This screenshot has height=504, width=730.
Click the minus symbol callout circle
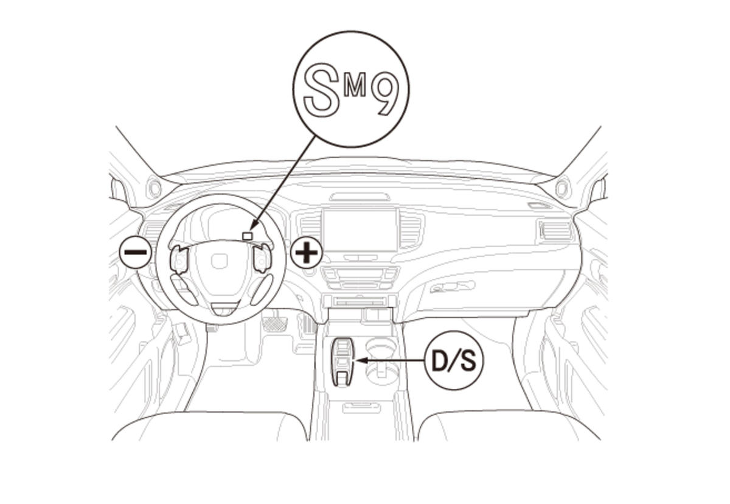135,252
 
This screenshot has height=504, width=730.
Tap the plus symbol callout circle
306,252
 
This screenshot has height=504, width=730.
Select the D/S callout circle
453,360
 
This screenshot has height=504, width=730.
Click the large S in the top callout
321,89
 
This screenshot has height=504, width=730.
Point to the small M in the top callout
355,86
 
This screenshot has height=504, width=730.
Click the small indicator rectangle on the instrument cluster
248,236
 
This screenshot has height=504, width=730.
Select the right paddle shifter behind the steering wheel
262,259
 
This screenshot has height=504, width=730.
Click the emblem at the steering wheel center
219,262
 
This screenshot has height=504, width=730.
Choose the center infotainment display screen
360,231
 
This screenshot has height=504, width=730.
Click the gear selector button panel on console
343,362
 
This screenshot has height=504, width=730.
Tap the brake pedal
274,322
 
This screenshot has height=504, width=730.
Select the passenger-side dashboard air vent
555,231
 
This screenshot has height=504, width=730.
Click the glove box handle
452,286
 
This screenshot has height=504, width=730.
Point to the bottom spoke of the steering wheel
224,308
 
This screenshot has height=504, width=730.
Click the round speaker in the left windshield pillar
154,189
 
